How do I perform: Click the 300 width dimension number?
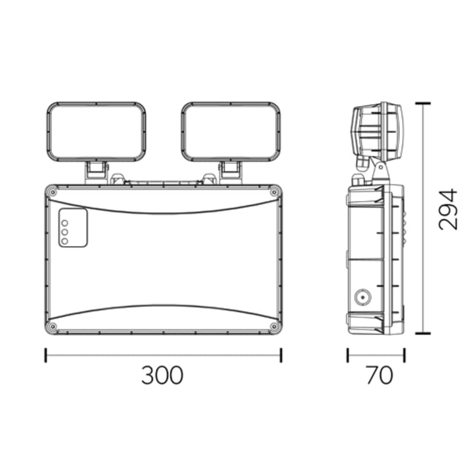coord(162,375)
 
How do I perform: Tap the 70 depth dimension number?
coord(380,375)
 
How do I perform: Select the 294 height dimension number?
coord(448,209)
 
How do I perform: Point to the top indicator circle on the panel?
coord(64,223)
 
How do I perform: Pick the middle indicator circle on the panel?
coord(64,232)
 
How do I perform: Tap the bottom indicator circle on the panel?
coord(64,241)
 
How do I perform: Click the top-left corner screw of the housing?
coord(53,193)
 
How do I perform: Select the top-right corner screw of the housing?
coord(274,193)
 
